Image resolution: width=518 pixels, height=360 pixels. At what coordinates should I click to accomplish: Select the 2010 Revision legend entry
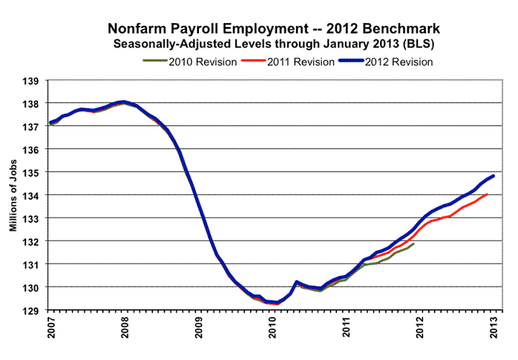tap(203, 62)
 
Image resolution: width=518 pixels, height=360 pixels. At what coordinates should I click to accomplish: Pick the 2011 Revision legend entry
tap(300, 62)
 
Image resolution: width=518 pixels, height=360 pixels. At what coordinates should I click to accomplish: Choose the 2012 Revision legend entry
tap(399, 62)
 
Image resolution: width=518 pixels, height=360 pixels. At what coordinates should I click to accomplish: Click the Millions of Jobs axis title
tap(14, 195)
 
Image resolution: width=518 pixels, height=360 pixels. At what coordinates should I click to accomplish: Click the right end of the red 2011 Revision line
tap(487, 194)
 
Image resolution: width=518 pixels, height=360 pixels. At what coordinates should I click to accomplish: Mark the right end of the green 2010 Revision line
tap(413, 244)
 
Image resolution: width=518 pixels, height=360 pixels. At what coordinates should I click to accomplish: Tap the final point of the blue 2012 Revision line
tap(494, 176)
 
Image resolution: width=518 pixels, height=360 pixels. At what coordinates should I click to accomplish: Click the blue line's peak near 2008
tap(124, 102)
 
